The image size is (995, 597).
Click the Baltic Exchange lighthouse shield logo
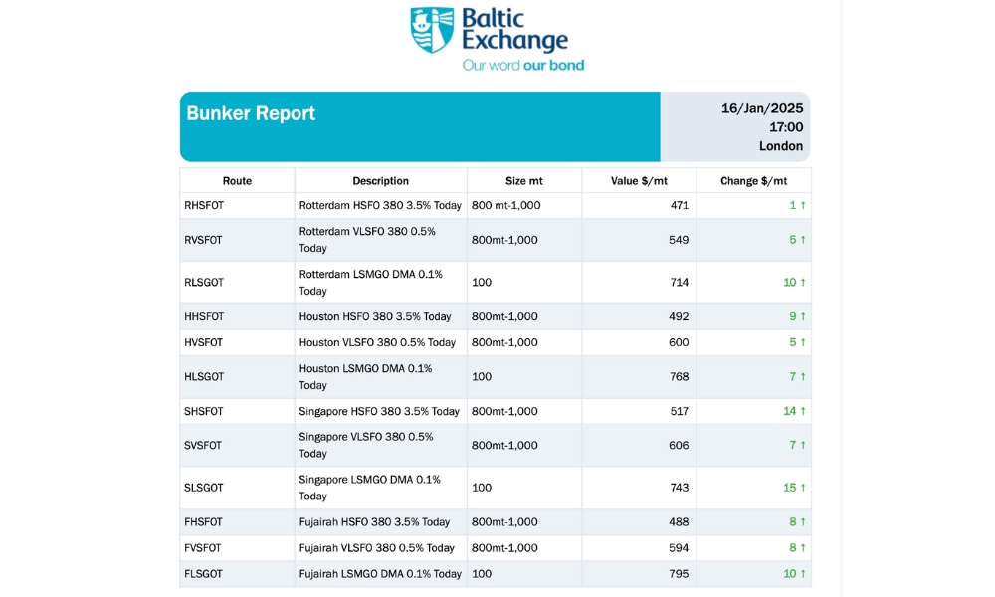(x=432, y=30)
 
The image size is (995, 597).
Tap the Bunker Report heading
(x=251, y=113)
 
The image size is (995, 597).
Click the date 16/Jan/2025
(x=761, y=108)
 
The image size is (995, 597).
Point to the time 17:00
(x=785, y=127)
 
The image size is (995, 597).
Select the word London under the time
(x=780, y=146)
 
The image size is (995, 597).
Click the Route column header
(x=237, y=181)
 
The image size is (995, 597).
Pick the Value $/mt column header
(x=639, y=181)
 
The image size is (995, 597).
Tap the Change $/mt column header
(x=753, y=181)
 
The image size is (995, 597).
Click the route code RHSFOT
(x=204, y=206)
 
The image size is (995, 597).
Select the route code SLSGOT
(x=204, y=488)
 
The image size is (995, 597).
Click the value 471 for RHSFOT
(x=679, y=206)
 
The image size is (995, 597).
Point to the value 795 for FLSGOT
(x=679, y=574)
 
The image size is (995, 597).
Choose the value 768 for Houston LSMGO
(x=679, y=377)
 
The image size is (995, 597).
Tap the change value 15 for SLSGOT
(x=790, y=488)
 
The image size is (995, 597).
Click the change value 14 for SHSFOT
(x=790, y=411)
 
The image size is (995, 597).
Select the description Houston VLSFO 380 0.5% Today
(x=377, y=342)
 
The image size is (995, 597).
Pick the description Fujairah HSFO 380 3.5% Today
(x=374, y=522)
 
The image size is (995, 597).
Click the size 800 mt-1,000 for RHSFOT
(x=505, y=206)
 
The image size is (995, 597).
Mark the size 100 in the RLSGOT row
(x=482, y=283)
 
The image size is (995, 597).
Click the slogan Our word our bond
(x=522, y=66)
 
